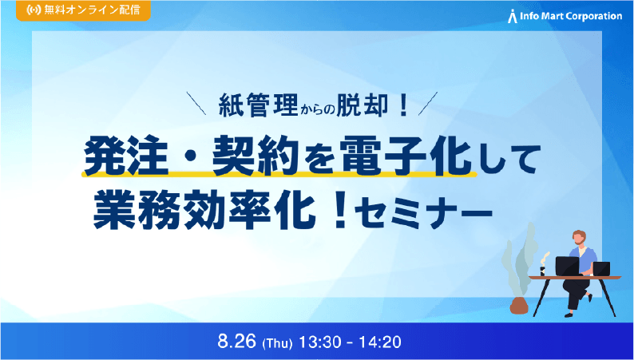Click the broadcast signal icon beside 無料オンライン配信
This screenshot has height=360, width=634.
[32, 12]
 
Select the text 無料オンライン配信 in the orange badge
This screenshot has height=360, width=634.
[90, 12]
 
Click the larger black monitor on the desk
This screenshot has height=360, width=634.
[567, 266]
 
